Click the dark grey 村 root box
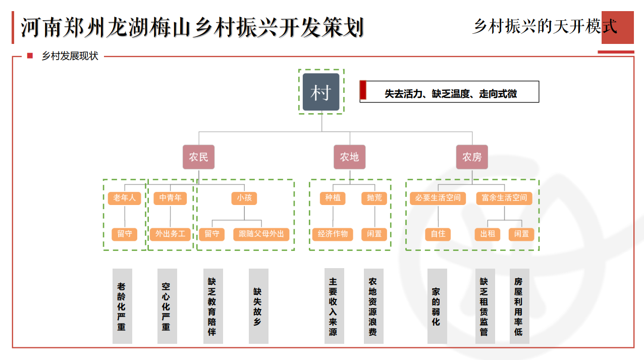click(321, 92)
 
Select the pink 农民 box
click(198, 157)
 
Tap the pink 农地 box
click(349, 157)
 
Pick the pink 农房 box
click(472, 157)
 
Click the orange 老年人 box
click(124, 198)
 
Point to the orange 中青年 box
click(170, 198)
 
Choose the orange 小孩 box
click(244, 198)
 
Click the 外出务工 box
click(170, 234)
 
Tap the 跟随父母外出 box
click(261, 234)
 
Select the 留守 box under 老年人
click(124, 234)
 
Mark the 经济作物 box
click(333, 234)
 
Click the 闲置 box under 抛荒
click(374, 234)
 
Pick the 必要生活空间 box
click(438, 198)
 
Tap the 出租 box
click(488, 234)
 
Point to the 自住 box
click(438, 234)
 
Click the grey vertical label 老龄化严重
click(122, 306)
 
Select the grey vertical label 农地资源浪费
click(373, 306)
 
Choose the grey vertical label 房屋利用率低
click(519, 306)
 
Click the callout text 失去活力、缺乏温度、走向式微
click(451, 94)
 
